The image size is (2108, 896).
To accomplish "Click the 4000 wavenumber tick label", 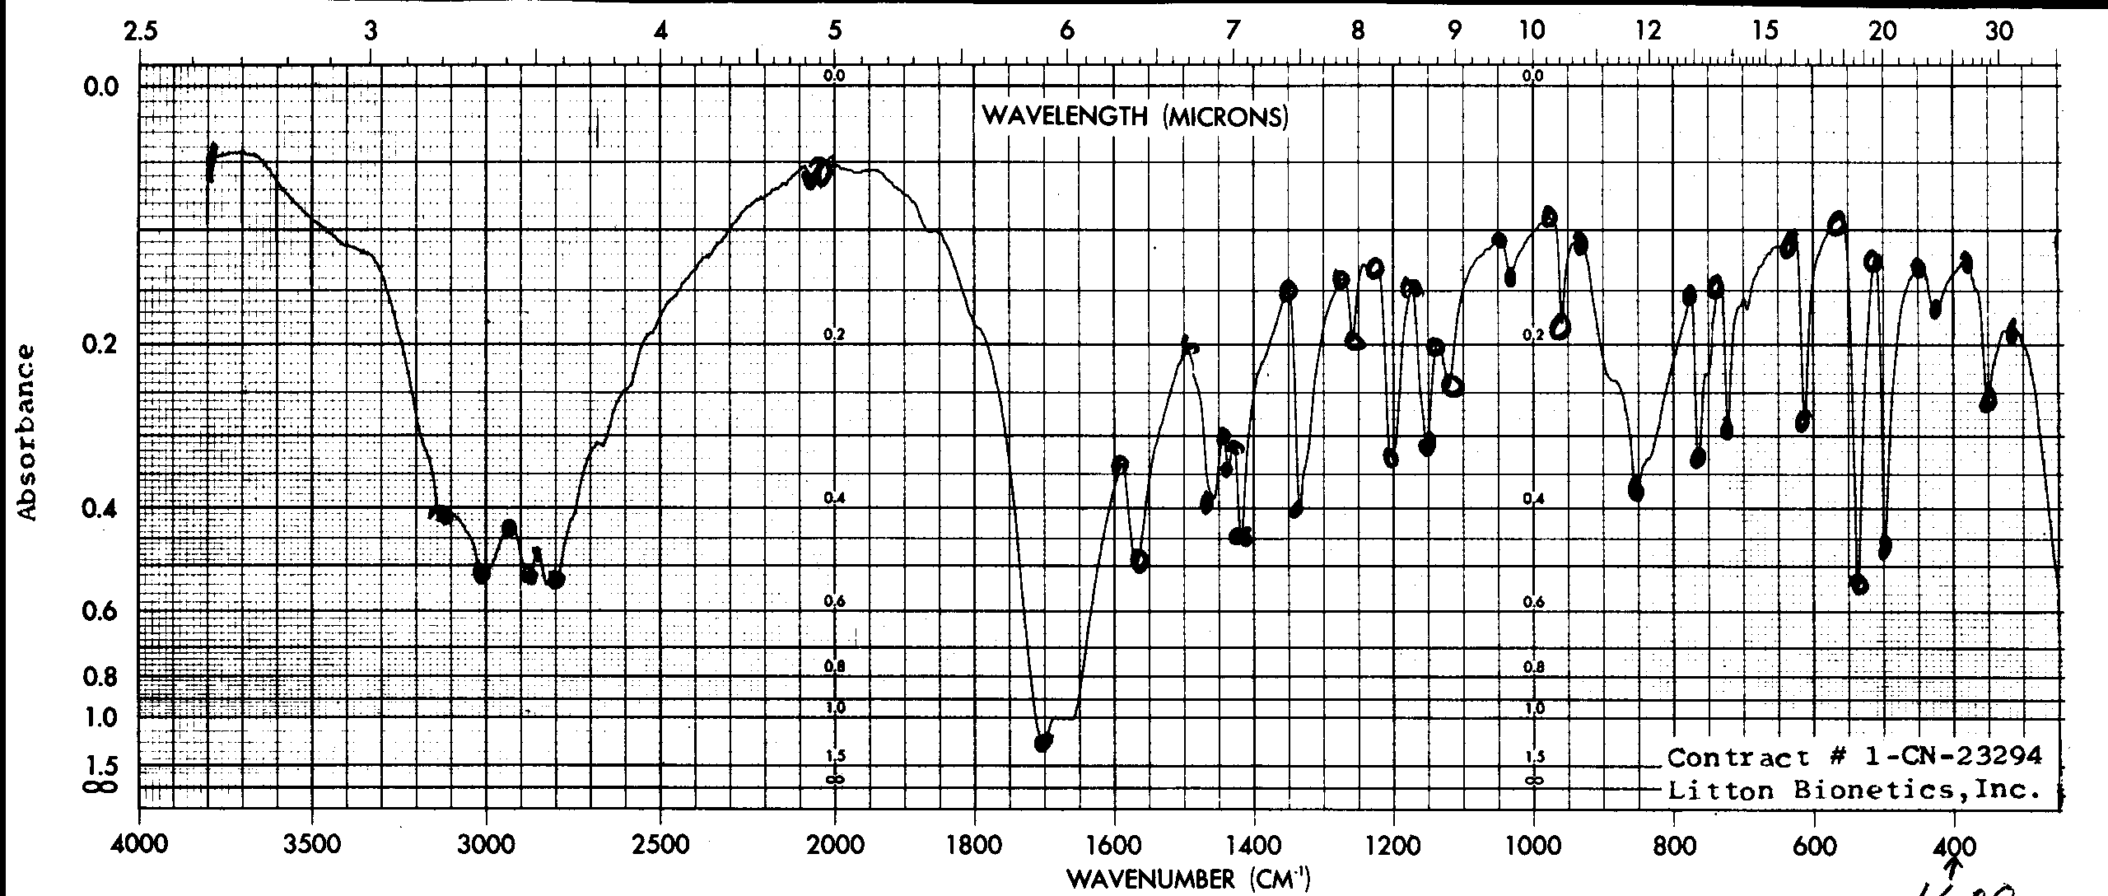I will pyautogui.click(x=139, y=846).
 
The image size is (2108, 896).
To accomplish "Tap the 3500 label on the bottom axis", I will pyautogui.click(x=313, y=846).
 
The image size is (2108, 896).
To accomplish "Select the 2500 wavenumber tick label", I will pyautogui.click(x=661, y=846).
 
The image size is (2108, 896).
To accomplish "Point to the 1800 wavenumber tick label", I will pyautogui.click(x=975, y=846).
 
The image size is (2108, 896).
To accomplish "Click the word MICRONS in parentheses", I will pyautogui.click(x=1225, y=117).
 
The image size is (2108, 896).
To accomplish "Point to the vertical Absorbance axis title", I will pyautogui.click(x=27, y=432).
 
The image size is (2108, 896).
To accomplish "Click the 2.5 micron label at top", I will pyautogui.click(x=140, y=31).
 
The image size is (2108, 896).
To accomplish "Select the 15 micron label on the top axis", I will pyautogui.click(x=1765, y=31).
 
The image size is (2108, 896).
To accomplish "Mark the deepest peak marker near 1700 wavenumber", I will pyautogui.click(x=1042, y=742).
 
